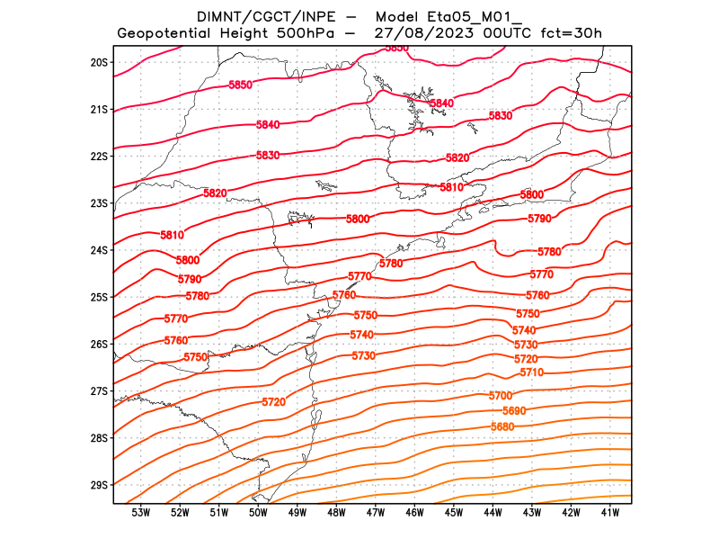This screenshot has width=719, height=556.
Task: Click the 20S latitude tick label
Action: click(99, 62)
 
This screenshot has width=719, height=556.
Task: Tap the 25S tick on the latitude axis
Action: click(99, 297)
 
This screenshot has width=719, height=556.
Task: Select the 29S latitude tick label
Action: click(99, 485)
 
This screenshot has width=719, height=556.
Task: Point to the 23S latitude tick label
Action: click(99, 203)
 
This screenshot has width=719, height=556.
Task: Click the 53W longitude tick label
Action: click(140, 513)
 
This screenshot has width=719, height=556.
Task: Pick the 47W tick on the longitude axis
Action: click(376, 513)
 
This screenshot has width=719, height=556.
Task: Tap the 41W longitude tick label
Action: click(610, 513)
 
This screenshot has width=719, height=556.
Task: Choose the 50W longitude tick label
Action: click(258, 513)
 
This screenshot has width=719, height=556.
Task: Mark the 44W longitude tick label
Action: click(493, 513)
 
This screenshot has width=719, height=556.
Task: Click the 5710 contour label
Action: click(531, 372)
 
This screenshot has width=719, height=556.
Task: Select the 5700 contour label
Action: click(501, 396)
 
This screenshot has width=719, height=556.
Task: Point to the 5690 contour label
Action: click(515, 411)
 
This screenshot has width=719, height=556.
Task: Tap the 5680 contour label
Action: click(503, 426)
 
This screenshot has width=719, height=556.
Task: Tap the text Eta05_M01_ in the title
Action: click(476, 16)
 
